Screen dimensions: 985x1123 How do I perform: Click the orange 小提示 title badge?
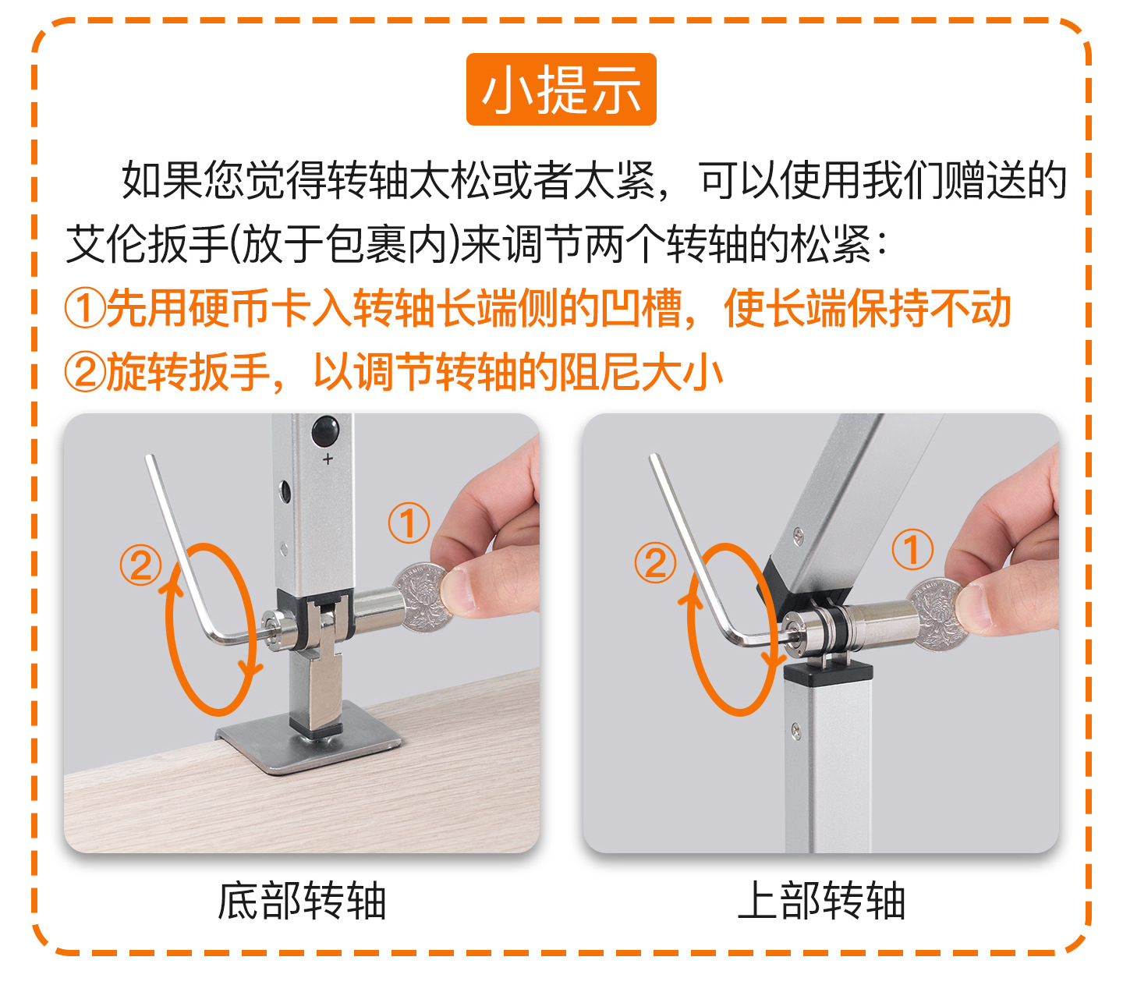click(x=561, y=90)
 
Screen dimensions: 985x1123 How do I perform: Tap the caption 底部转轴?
click(x=302, y=901)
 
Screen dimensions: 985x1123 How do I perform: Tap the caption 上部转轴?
click(x=821, y=901)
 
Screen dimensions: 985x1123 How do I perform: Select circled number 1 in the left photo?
click(x=409, y=523)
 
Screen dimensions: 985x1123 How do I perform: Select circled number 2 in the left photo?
click(x=140, y=565)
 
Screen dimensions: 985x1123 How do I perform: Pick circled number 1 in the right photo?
click(x=912, y=548)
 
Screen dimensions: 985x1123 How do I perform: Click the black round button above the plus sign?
click(x=325, y=430)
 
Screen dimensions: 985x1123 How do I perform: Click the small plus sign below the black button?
click(x=328, y=459)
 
